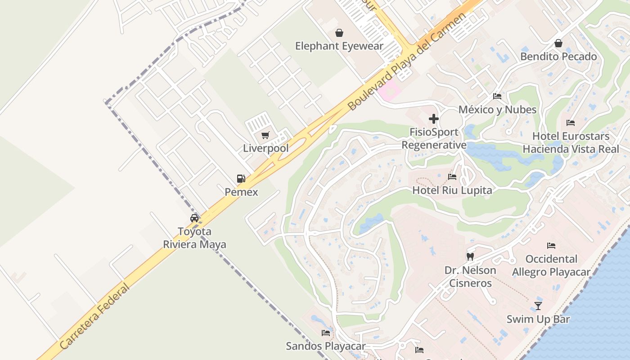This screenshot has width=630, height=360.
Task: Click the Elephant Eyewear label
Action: (x=339, y=46)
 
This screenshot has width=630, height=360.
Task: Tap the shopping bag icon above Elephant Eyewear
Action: (x=339, y=33)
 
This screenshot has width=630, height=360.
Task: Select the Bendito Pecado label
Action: (x=558, y=57)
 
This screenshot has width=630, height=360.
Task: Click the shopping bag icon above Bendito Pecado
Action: (x=558, y=43)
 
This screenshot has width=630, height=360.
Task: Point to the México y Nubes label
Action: (x=497, y=110)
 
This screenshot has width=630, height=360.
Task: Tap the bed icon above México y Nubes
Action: (x=497, y=96)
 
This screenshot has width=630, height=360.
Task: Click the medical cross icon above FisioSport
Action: (x=434, y=119)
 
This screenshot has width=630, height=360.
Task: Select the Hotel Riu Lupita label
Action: (x=452, y=190)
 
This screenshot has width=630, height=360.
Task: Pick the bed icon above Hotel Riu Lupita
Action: (x=452, y=177)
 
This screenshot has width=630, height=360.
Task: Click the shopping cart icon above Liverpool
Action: (x=265, y=135)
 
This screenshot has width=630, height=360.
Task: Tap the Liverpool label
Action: (x=265, y=148)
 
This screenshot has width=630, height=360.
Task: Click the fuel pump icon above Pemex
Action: (x=241, y=179)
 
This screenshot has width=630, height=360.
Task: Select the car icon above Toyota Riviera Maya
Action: (x=194, y=218)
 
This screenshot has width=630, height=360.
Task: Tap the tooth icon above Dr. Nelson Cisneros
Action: (x=470, y=257)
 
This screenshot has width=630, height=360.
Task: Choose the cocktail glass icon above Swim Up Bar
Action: (x=538, y=306)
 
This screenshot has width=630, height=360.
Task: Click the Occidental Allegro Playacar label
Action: (x=551, y=265)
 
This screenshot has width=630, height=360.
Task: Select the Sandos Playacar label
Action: (x=326, y=346)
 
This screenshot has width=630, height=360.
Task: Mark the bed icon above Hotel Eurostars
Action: (x=571, y=123)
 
